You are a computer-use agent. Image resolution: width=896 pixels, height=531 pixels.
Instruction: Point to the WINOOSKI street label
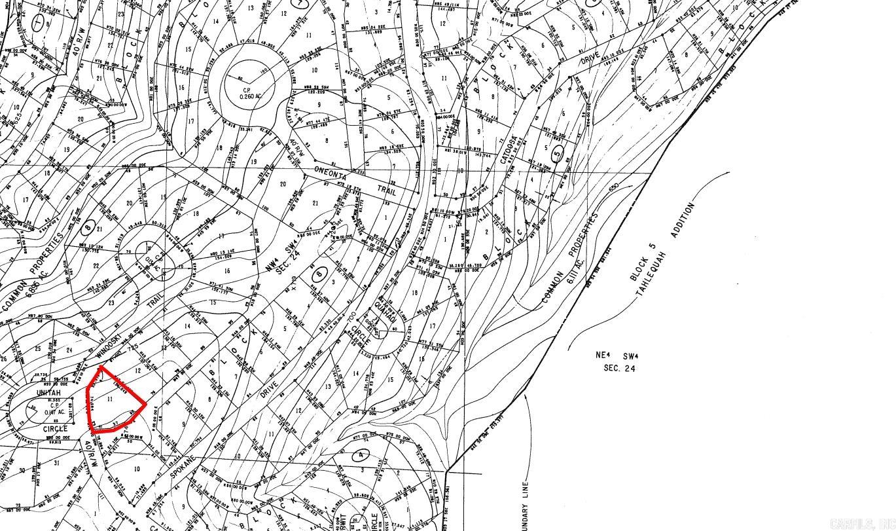click(109, 346)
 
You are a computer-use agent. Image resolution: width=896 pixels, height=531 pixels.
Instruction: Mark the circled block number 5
click(558, 154)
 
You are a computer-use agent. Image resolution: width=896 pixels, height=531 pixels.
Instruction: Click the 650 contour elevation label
click(613, 188)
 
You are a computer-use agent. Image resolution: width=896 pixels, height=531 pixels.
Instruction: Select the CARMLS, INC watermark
click(861, 523)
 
